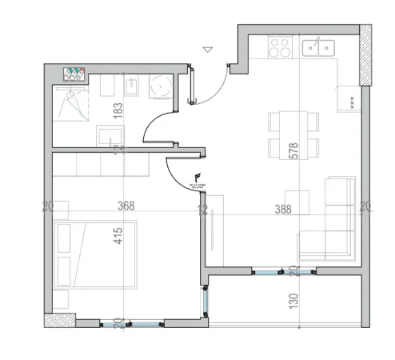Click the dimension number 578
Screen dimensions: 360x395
[293, 151]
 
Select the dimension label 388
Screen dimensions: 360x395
[281, 210]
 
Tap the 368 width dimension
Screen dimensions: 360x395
[126, 206]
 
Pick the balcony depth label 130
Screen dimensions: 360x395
[293, 302]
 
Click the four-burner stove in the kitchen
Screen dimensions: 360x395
[280, 48]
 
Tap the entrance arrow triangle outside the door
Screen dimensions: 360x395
[208, 50]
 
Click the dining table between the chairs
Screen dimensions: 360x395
[293, 134]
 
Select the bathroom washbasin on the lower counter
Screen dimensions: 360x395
[108, 137]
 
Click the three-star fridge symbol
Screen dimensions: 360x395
[351, 100]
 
